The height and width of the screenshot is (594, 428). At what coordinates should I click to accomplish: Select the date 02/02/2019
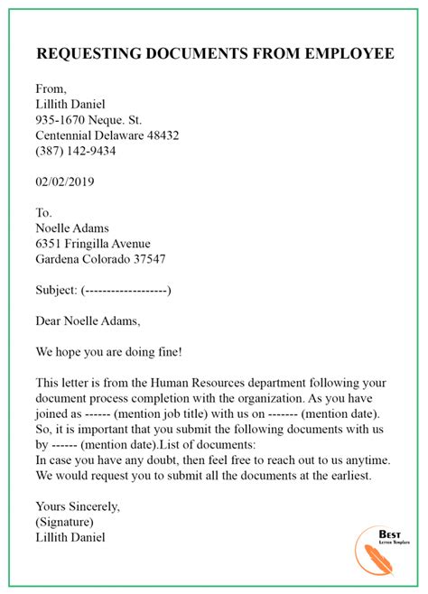tap(65, 181)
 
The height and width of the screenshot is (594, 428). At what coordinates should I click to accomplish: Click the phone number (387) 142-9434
tap(76, 151)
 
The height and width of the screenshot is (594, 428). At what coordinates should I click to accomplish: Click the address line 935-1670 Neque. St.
tap(89, 119)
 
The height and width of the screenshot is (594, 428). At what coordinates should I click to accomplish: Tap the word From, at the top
tap(53, 88)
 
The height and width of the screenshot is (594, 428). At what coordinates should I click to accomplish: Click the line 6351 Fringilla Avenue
tap(93, 244)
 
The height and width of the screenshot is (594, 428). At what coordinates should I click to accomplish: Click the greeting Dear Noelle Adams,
tap(88, 320)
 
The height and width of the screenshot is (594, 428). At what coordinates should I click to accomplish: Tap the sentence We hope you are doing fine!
tap(109, 351)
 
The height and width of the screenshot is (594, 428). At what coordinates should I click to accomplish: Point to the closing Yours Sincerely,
tap(78, 506)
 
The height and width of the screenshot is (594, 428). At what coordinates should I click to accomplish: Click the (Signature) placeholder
tap(64, 522)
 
